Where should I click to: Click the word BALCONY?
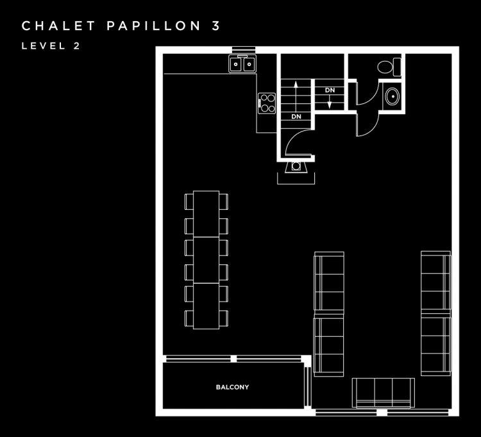[x=232, y=388]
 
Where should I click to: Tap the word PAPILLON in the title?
[x=154, y=26]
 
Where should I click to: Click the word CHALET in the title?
[x=58, y=26]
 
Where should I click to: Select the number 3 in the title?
[x=216, y=26]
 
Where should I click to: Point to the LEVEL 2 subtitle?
[x=51, y=46]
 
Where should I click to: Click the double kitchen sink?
[x=242, y=64]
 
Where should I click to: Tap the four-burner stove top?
[x=267, y=103]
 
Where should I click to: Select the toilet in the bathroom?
[x=389, y=67]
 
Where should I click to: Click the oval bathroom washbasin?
[x=392, y=96]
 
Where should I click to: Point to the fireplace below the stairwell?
[x=296, y=167]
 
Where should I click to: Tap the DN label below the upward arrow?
[x=296, y=117]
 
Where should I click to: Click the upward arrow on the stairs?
[x=296, y=97]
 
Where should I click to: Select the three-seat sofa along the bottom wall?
[x=383, y=393]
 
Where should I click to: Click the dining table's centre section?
[x=206, y=260]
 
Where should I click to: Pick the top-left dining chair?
[x=189, y=201]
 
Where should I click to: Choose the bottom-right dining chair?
[x=224, y=318]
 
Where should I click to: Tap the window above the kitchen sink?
[x=244, y=49]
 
